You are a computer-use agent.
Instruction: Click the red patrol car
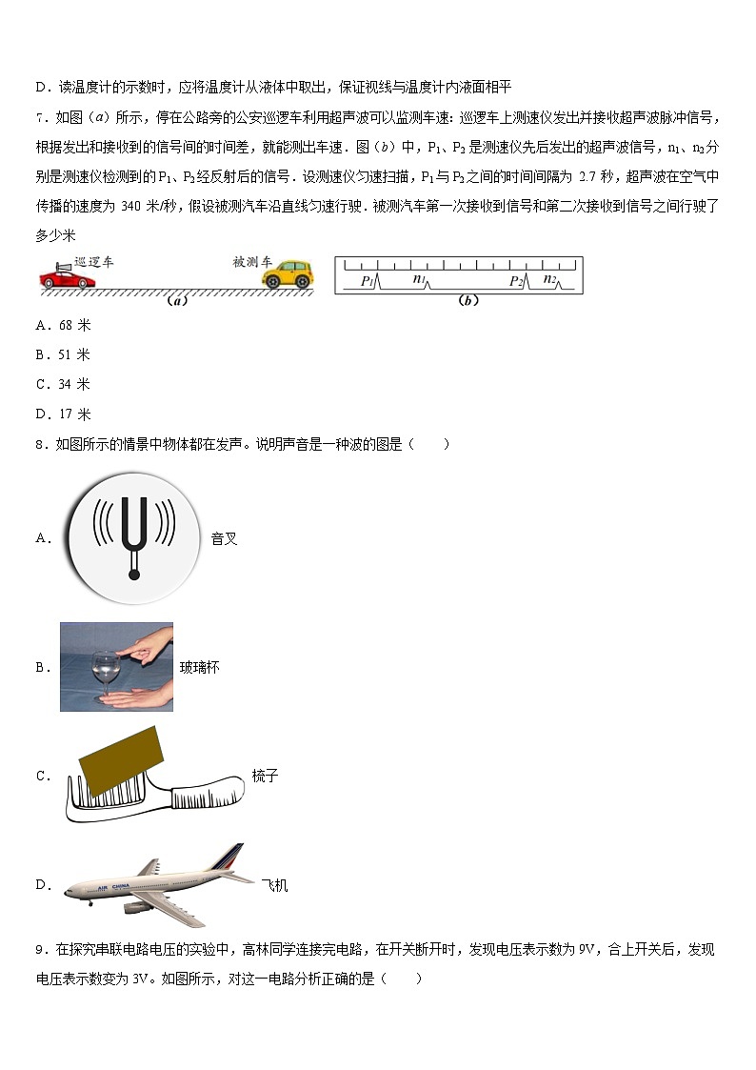(x=67, y=277)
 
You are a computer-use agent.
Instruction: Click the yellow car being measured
(x=288, y=274)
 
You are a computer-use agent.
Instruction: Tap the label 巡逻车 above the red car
(x=92, y=261)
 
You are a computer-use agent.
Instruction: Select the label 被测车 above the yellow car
(x=251, y=260)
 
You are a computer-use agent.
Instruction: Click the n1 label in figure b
(x=419, y=278)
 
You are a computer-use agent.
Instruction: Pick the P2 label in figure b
(x=516, y=280)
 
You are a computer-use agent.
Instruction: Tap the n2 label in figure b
(x=549, y=278)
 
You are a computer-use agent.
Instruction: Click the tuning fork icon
(x=134, y=539)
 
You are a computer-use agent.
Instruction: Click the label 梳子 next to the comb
(x=266, y=776)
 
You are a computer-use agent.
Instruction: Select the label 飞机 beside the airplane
(x=274, y=885)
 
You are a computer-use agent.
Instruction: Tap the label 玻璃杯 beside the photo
(x=199, y=668)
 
